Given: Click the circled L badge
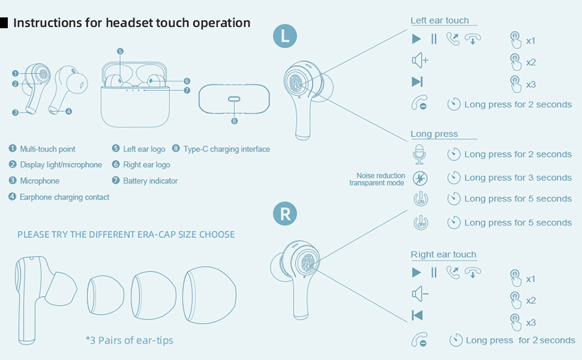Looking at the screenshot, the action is pyautogui.click(x=285, y=36).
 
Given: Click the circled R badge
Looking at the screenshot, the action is pyautogui.click(x=285, y=213).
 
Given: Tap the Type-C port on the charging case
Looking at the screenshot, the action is pyautogui.click(x=234, y=99).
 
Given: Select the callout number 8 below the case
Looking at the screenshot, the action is pyautogui.click(x=234, y=121).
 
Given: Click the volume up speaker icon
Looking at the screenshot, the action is pyautogui.click(x=420, y=60).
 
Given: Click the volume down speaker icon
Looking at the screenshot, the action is pyautogui.click(x=420, y=294).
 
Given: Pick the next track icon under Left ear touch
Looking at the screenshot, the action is pyautogui.click(x=417, y=81).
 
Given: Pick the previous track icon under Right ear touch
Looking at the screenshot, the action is pyautogui.click(x=417, y=315).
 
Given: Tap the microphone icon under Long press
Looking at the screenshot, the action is pyautogui.click(x=420, y=154).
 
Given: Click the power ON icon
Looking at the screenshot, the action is pyautogui.click(x=420, y=199).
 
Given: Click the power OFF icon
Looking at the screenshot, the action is pyautogui.click(x=420, y=223).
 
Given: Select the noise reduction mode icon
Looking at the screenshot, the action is pyautogui.click(x=420, y=178).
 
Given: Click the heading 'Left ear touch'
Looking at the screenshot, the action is pyautogui.click(x=440, y=21).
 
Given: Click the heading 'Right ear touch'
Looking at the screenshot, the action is pyautogui.click(x=443, y=254).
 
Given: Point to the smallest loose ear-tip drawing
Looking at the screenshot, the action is pyautogui.click(x=105, y=295).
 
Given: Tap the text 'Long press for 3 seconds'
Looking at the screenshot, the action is pyautogui.click(x=518, y=178).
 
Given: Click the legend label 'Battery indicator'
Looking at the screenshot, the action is pyautogui.click(x=150, y=181).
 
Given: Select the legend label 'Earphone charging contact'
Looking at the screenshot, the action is pyautogui.click(x=65, y=197).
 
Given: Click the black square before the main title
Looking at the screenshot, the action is pyautogui.click(x=4, y=23).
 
